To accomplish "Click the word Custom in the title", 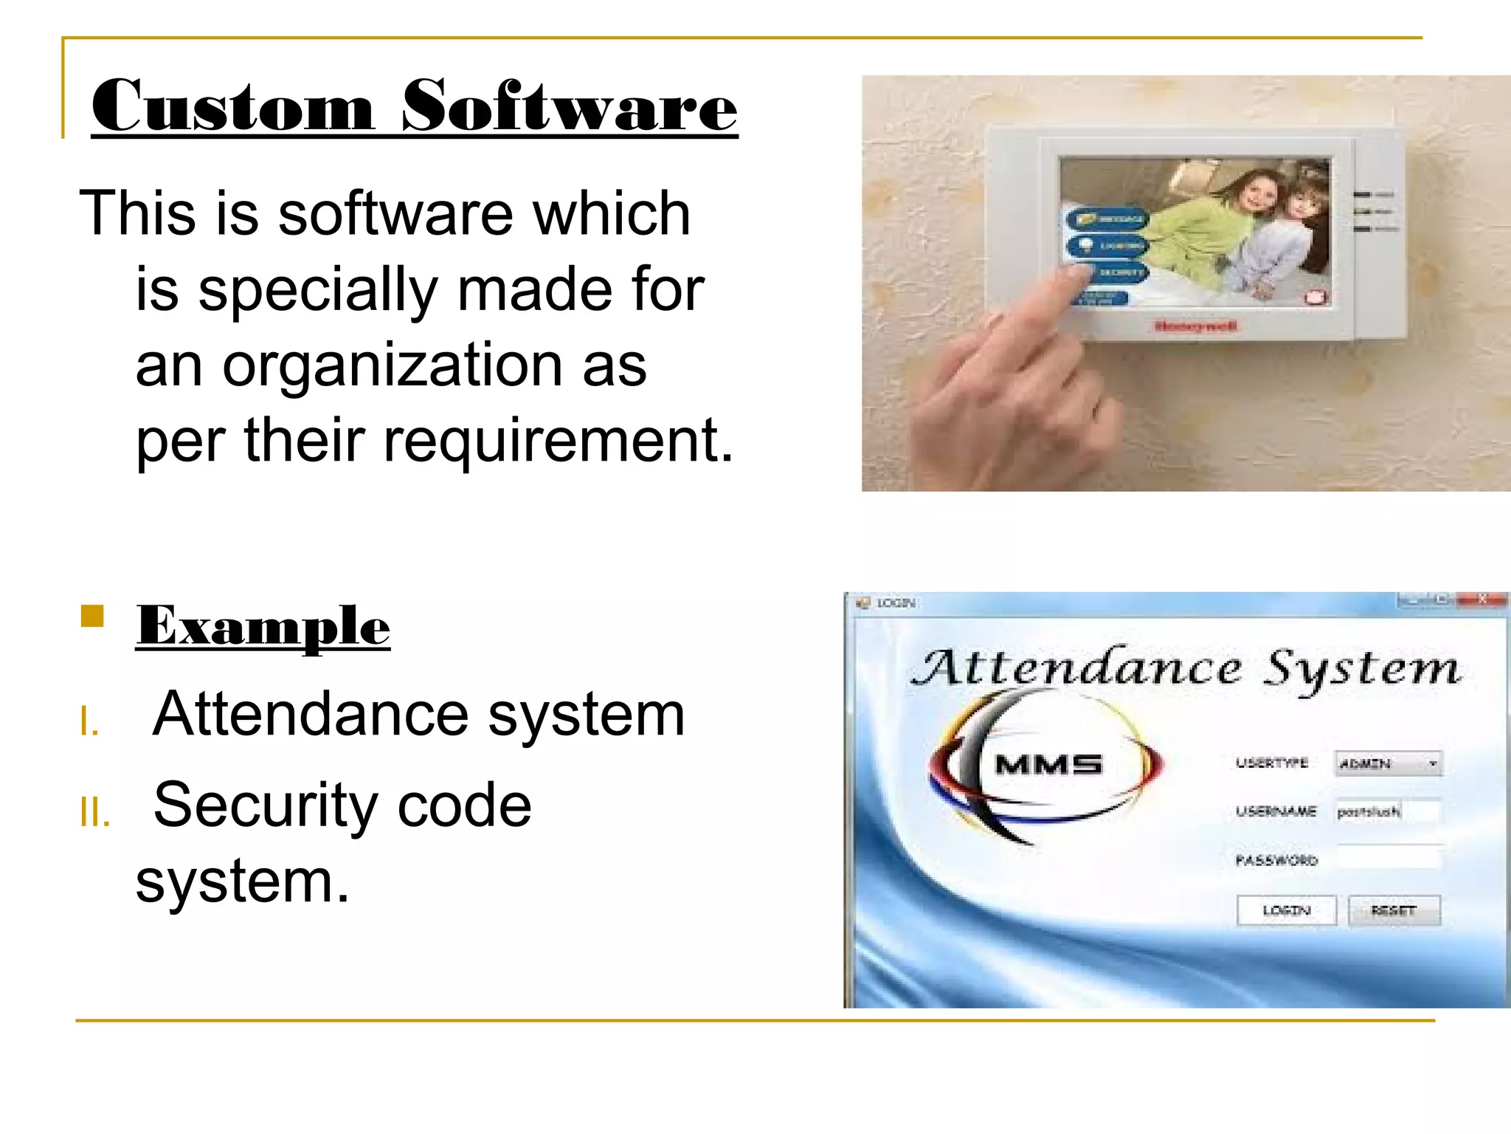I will pos(232,107).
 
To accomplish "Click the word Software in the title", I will pos(569,107).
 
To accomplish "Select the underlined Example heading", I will pos(263,627).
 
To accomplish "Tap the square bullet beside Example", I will pos(93,616).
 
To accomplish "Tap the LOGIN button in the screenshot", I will pos(1286,910).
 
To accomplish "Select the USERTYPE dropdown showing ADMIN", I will pos(1388,763).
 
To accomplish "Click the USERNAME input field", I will pos(1387,811).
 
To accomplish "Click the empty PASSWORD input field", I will pos(1387,859).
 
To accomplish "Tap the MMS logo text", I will pos(1048,764).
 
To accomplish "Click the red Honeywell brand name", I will pos(1195,326).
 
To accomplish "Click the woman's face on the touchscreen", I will pos(1258,196).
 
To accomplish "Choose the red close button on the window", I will pos(1481,599).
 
